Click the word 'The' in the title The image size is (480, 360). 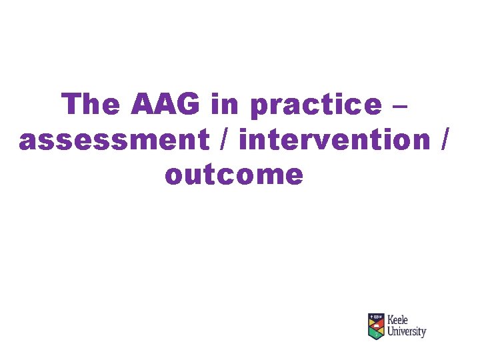tap(91, 104)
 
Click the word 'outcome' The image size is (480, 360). tap(234, 175)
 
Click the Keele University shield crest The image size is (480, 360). tap(377, 325)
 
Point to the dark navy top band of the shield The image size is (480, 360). tap(377, 316)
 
